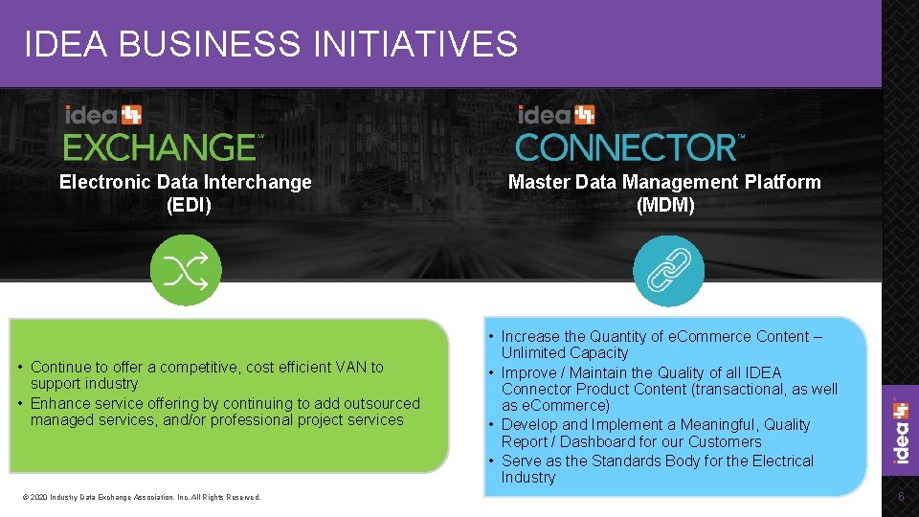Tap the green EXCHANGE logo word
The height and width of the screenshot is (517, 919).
159,146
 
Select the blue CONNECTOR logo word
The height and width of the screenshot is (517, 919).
626,147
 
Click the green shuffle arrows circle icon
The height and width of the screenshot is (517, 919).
186,270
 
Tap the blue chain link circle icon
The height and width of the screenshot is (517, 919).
668,271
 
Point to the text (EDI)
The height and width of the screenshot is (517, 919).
188,204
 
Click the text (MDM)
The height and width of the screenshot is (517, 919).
664,205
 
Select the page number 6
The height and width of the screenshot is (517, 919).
900,496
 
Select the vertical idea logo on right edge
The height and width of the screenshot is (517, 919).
900,433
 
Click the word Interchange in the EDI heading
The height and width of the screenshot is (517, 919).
261,182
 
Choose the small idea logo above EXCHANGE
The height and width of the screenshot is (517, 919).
102,115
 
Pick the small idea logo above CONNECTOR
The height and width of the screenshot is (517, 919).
555,115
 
